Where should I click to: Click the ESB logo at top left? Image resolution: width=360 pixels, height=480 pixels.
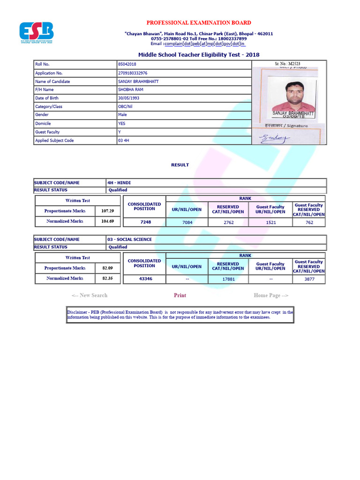(x=36, y=32)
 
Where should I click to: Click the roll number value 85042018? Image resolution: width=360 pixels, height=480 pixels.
(x=128, y=64)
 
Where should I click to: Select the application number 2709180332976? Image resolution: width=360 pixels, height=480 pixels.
(x=133, y=73)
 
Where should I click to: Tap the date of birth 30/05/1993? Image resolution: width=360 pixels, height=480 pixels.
(x=128, y=98)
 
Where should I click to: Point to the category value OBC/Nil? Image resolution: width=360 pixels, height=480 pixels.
(x=126, y=107)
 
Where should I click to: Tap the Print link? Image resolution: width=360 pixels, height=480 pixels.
(x=180, y=295)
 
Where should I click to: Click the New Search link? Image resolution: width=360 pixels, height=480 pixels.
(x=90, y=295)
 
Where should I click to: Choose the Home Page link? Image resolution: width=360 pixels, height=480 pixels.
(x=271, y=295)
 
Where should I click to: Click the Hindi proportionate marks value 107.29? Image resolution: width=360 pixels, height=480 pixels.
(x=107, y=211)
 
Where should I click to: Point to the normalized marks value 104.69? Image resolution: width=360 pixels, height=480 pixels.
(x=107, y=221)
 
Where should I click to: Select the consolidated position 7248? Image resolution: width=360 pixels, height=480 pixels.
(x=146, y=222)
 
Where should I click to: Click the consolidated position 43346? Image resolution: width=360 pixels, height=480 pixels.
(x=146, y=279)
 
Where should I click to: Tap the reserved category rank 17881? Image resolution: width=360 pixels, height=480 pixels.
(x=228, y=279)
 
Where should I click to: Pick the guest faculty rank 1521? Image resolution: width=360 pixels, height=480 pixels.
(x=270, y=222)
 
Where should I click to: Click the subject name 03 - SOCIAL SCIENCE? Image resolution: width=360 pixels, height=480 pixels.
(x=130, y=240)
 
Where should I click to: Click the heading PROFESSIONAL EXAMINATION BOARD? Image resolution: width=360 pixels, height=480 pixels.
(x=199, y=22)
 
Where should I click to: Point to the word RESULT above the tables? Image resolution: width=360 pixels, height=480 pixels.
(x=180, y=165)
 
